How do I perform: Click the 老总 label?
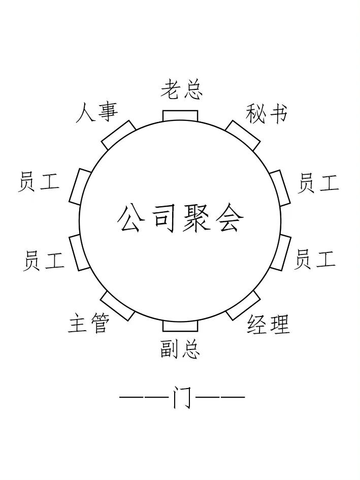[181, 89]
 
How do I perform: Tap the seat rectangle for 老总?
[180, 116]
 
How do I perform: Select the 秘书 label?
[266, 113]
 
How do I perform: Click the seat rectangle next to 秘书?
[243, 135]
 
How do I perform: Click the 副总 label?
[180, 349]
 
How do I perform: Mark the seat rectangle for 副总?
[180, 326]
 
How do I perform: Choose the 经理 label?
[268, 325]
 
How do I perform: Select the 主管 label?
[88, 323]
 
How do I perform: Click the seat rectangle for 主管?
[118, 306]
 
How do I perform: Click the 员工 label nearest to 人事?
[39, 182]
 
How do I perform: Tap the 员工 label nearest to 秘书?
[318, 183]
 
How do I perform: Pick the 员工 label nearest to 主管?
[44, 261]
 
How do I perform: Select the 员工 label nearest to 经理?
[315, 259]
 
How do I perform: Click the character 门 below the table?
[182, 397]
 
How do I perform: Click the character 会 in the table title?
[228, 218]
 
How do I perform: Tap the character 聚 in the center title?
[197, 218]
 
